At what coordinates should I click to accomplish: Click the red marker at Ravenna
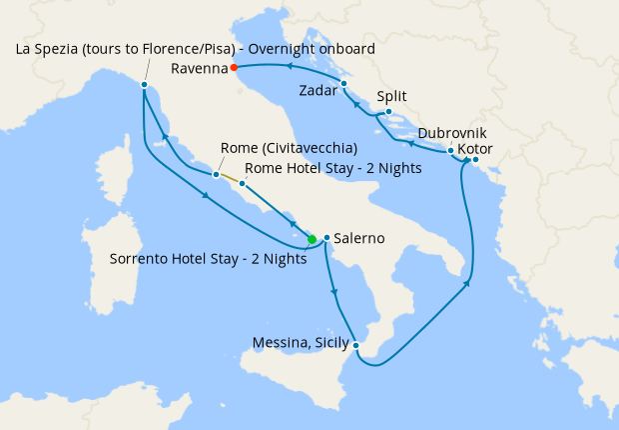233,68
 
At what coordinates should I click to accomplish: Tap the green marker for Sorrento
311,239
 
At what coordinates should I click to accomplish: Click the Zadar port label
317,91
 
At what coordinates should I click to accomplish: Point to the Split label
391,97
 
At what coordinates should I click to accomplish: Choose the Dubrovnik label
453,132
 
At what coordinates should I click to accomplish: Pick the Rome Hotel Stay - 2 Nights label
332,168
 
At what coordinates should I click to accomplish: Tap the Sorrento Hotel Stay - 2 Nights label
208,258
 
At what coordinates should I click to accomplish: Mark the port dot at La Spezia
145,85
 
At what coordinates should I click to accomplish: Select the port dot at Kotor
475,160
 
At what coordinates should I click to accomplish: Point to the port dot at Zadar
343,83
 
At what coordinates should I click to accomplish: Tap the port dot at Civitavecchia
216,174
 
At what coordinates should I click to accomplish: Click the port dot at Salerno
326,237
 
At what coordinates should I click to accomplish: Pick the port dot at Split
387,112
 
